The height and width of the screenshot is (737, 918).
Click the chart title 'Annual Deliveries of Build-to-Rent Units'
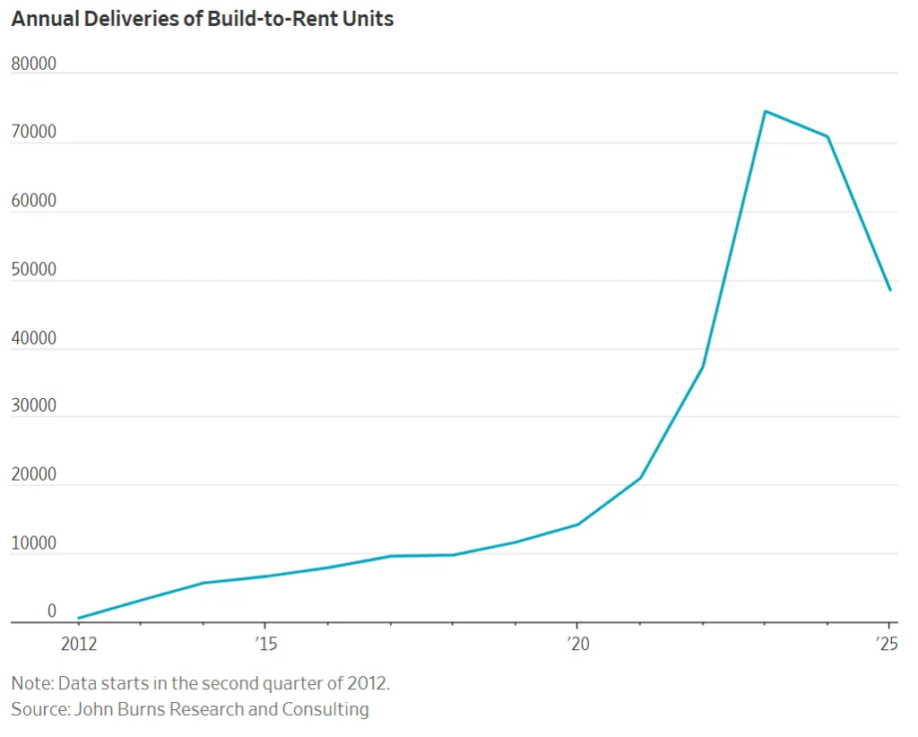tap(202, 19)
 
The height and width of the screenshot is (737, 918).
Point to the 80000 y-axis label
tap(33, 65)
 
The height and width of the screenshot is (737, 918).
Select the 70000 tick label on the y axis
tap(33, 133)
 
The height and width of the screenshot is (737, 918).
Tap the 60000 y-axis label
tap(33, 201)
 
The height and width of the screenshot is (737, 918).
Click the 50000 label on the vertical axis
tap(33, 270)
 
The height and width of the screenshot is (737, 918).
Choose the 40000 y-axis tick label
tap(33, 339)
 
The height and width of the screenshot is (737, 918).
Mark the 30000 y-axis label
tap(33, 406)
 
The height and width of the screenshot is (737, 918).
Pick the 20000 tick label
tap(33, 475)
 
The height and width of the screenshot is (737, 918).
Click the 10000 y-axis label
tap(33, 543)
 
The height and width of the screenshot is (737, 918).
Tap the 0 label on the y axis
tap(51, 611)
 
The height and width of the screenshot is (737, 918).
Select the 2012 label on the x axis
tap(78, 644)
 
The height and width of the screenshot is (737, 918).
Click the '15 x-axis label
tap(264, 644)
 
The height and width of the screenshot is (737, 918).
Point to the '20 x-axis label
tap(576, 644)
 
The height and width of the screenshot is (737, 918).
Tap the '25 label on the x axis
tap(888, 644)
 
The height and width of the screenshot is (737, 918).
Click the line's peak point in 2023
tap(765, 111)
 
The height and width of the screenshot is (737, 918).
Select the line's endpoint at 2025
tap(889, 290)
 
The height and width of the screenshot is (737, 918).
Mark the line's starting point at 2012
tap(79, 618)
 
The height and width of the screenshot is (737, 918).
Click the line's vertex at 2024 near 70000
tap(827, 136)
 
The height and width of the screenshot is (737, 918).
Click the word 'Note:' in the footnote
tap(32, 683)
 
